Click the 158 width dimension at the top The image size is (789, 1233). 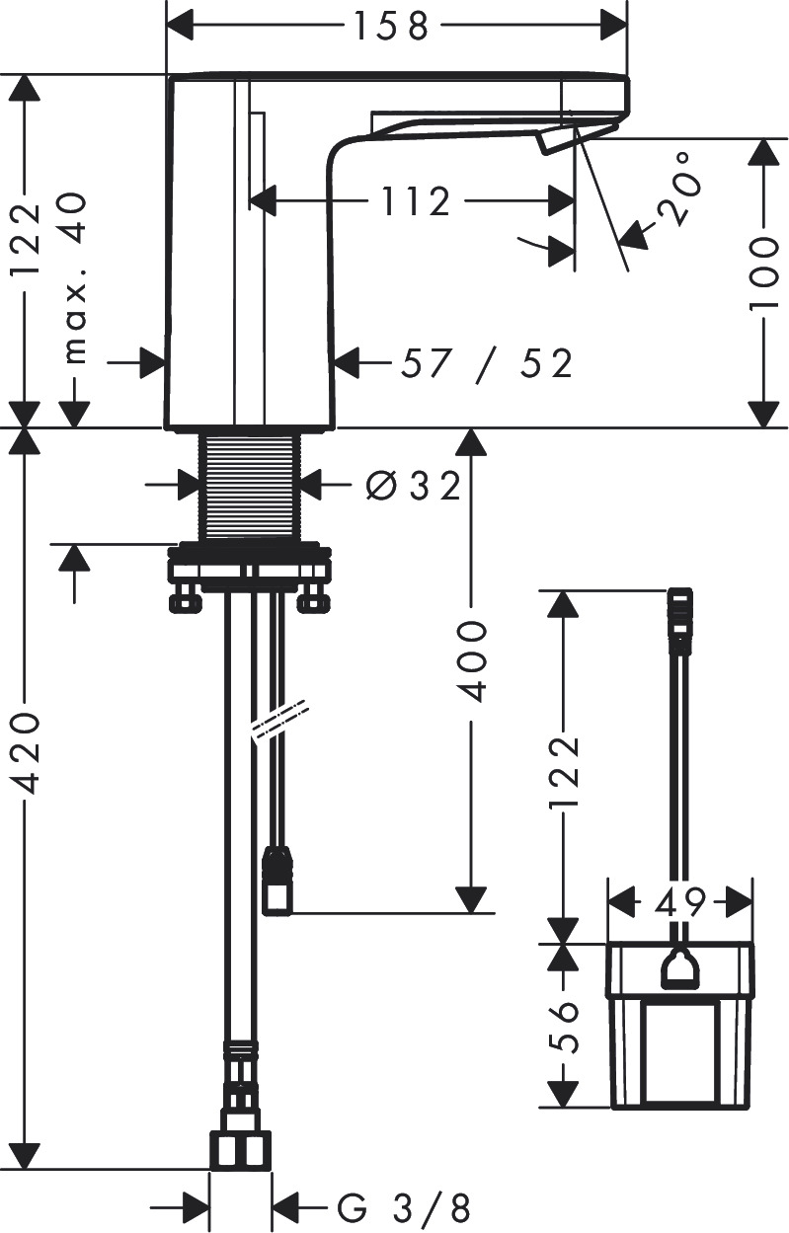(393, 27)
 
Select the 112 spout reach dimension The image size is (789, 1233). (413, 202)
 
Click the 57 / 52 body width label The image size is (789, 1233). (486, 364)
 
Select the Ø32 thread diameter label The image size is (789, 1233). (413, 485)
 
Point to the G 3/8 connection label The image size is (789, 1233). (404, 1207)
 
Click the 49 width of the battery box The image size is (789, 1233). (681, 901)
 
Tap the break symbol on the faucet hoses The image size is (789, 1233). (280, 720)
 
